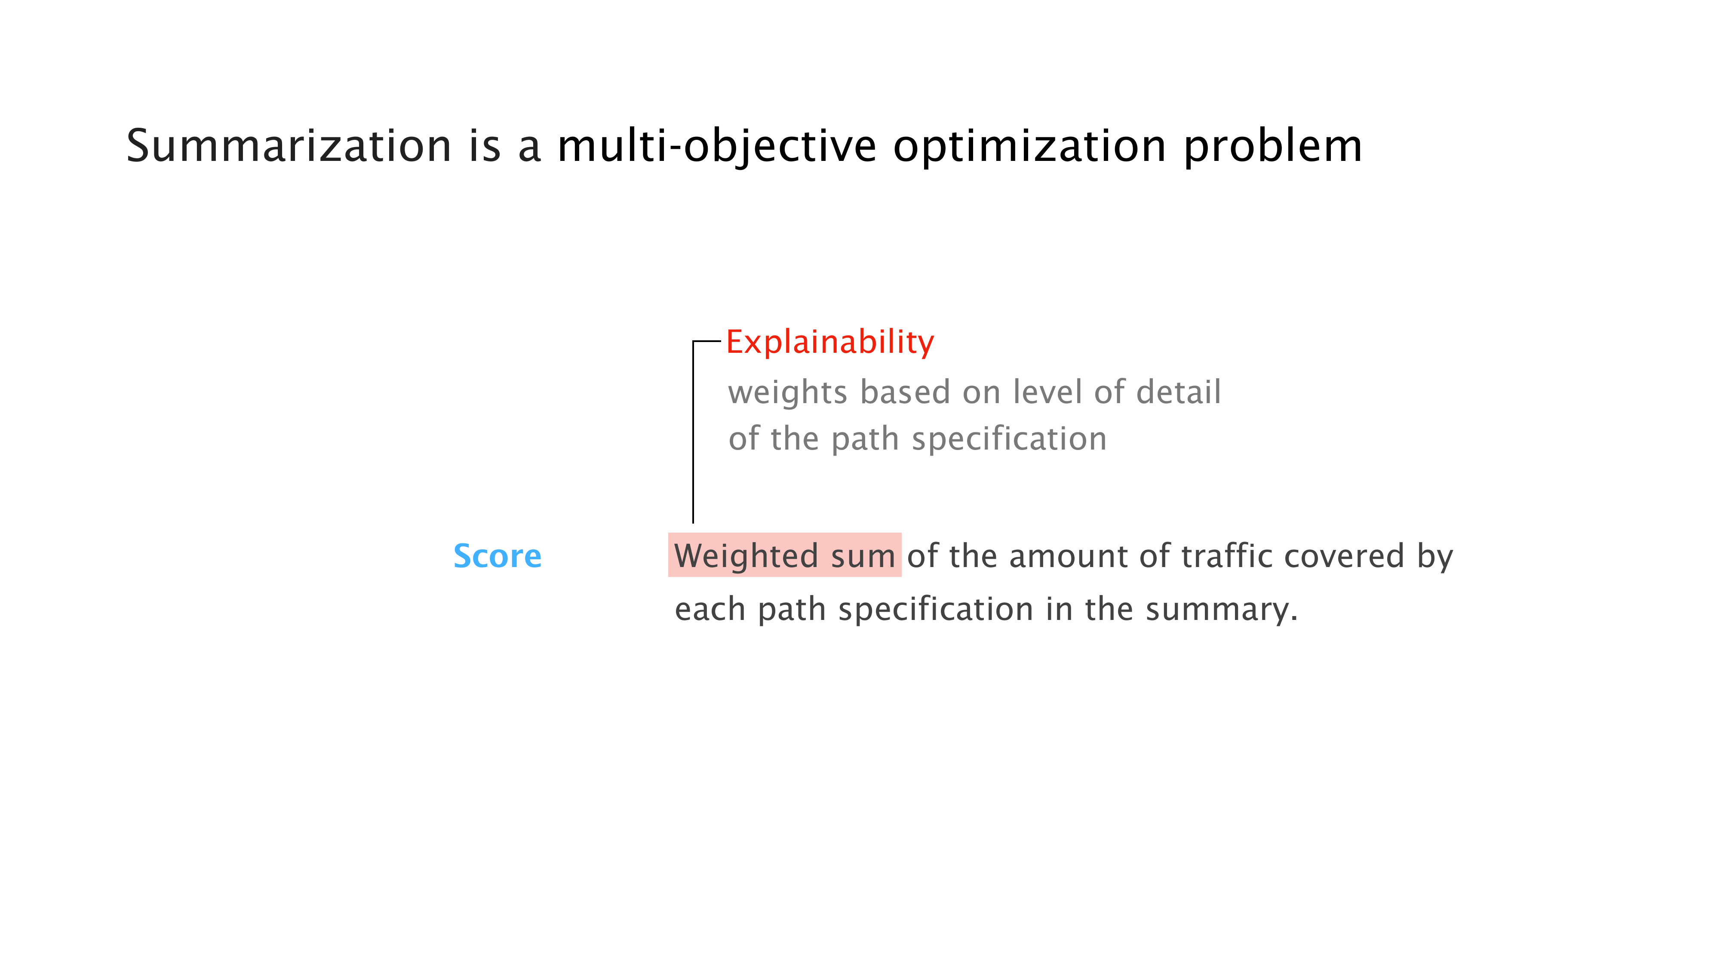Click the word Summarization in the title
pos(289,146)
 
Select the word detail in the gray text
pos(1179,392)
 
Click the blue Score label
pos(498,556)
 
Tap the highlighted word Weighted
pos(746,556)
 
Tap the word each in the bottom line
pos(710,609)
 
